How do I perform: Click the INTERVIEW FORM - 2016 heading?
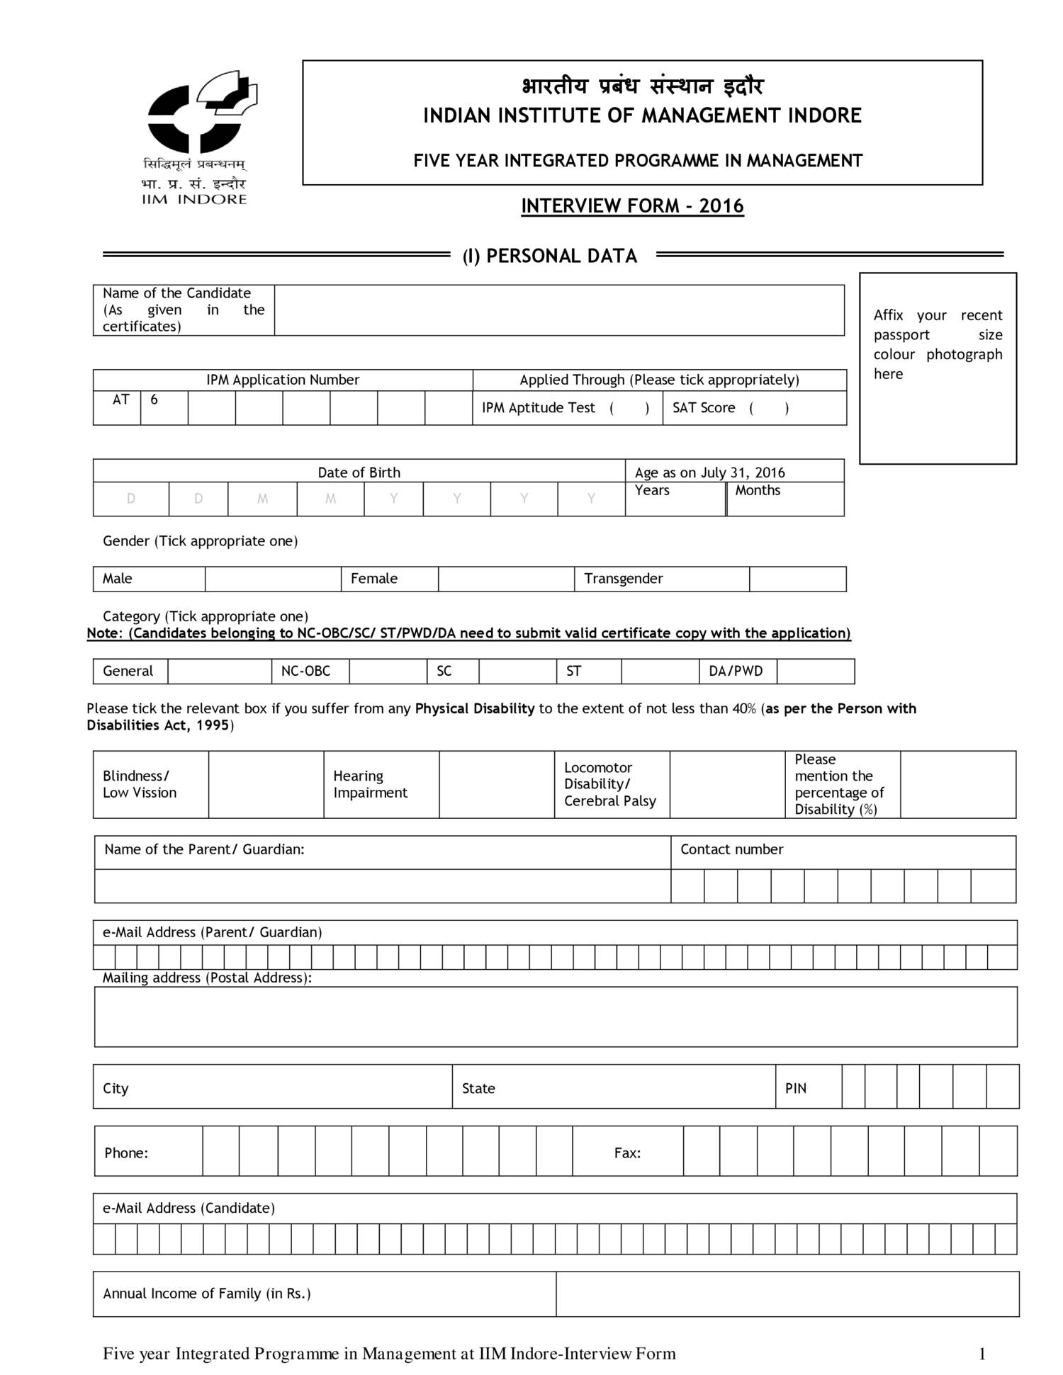[632, 206]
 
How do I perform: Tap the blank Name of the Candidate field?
[558, 310]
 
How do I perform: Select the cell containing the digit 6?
[164, 407]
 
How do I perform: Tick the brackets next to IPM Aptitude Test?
[629, 408]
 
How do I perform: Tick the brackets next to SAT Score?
[769, 408]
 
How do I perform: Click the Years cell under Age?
[675, 499]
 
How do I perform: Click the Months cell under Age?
[785, 499]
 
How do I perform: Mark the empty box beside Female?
[506, 579]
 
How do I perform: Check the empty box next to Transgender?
[797, 579]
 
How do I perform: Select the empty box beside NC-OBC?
[388, 671]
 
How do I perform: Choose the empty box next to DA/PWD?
[815, 671]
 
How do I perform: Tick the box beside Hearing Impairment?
[496, 784]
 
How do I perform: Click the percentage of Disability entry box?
[957, 784]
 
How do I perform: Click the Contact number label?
[731, 849]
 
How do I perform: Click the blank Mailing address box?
[556, 1017]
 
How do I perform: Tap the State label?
[478, 1088]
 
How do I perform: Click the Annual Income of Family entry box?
[787, 1294]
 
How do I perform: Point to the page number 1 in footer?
[982, 1354]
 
